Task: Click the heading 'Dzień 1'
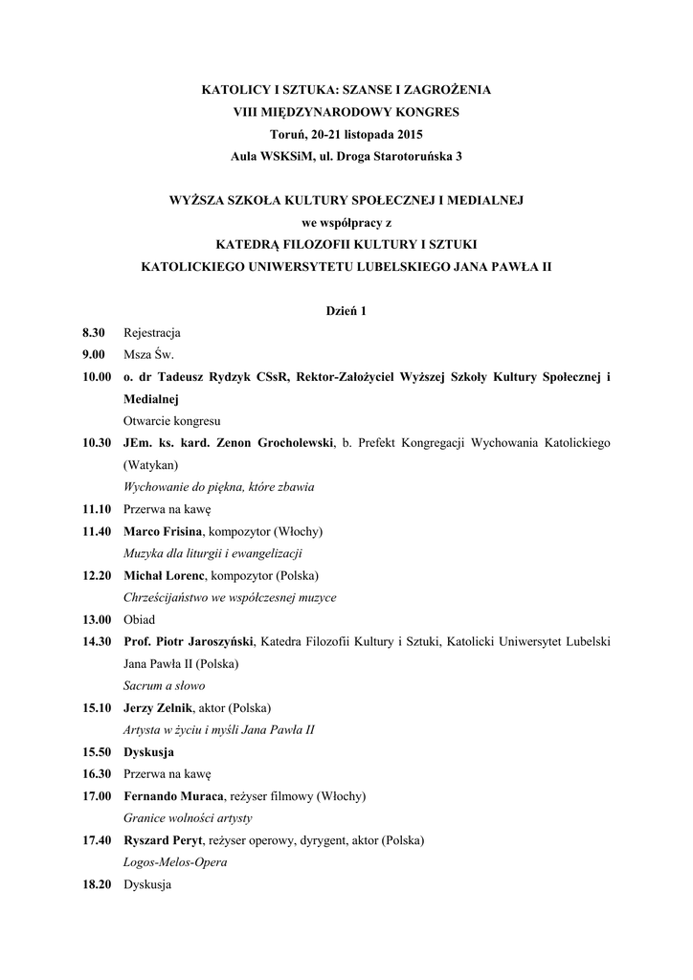[x=346, y=311]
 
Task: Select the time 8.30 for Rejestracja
[x=94, y=333]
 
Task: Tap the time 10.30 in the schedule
[x=98, y=443]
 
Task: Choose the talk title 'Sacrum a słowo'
[x=164, y=685]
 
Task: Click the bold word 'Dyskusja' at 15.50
[x=148, y=752]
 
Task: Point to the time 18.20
[x=98, y=884]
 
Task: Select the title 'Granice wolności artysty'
[x=188, y=818]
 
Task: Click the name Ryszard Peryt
[x=163, y=840]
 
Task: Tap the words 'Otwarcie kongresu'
[x=172, y=421]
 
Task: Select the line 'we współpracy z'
[x=346, y=223]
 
